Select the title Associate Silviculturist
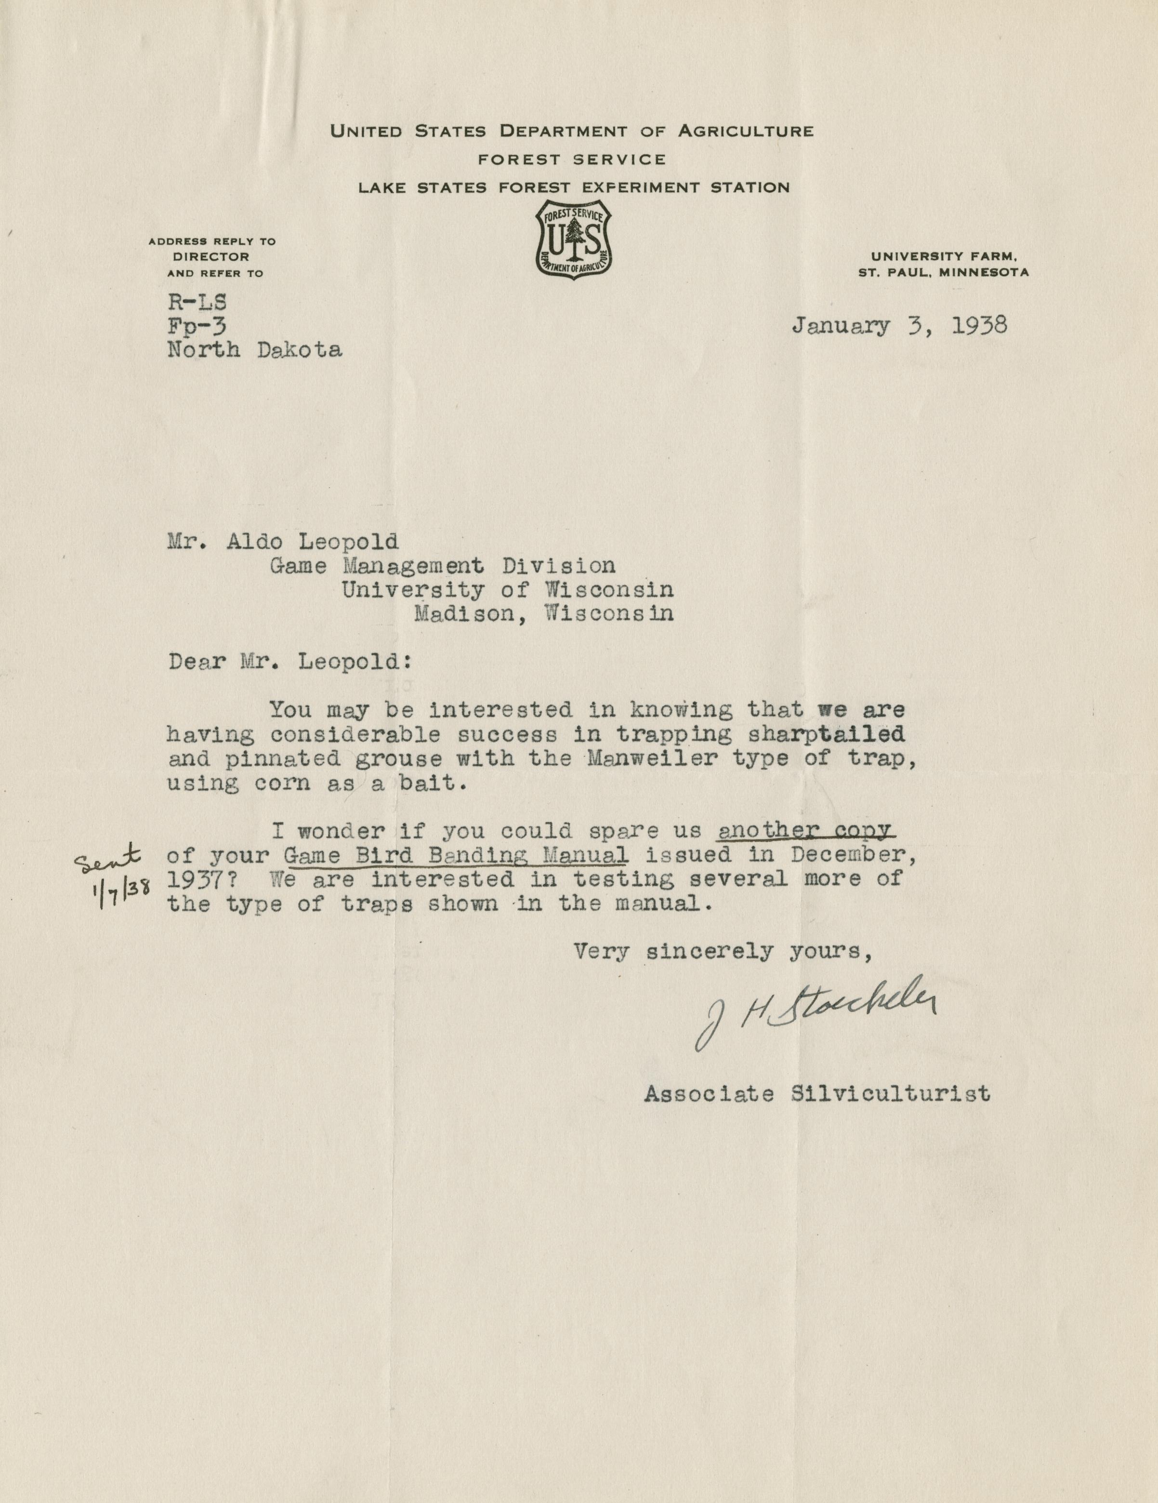(x=817, y=1093)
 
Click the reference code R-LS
(x=197, y=302)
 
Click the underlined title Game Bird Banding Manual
(x=456, y=855)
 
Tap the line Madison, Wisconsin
(x=543, y=612)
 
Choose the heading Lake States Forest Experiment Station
(x=574, y=187)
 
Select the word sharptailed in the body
(x=825, y=734)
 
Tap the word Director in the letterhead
(x=211, y=257)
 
